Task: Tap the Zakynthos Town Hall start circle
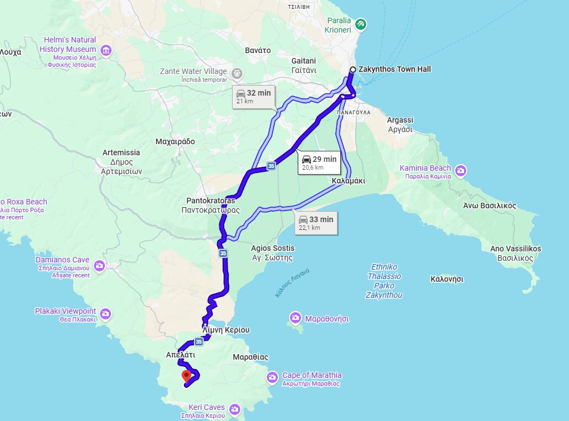coord(352,70)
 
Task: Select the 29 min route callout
coord(319,162)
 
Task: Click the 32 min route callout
coord(253,96)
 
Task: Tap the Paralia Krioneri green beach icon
coord(360,24)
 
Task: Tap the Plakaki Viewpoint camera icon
coord(106,314)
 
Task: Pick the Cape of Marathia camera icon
coord(272,378)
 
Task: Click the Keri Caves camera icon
coord(235,409)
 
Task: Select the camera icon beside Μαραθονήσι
coord(296,318)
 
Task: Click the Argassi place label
coord(400,120)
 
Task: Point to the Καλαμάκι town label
coord(349,181)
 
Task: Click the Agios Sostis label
coord(273,249)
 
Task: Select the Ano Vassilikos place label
coord(515,249)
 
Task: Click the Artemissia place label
coord(122,152)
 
